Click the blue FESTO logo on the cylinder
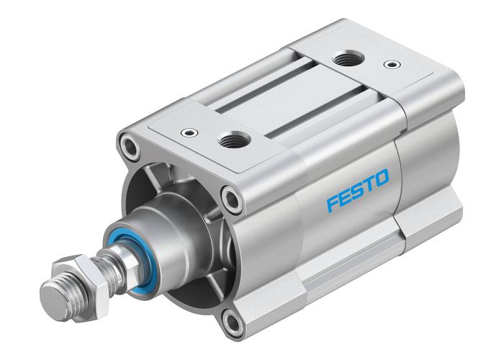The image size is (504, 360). click(x=358, y=189)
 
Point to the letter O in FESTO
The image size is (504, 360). click(x=381, y=176)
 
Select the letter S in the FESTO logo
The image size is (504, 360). click(x=358, y=189)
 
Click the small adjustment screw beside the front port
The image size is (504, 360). click(x=189, y=133)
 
